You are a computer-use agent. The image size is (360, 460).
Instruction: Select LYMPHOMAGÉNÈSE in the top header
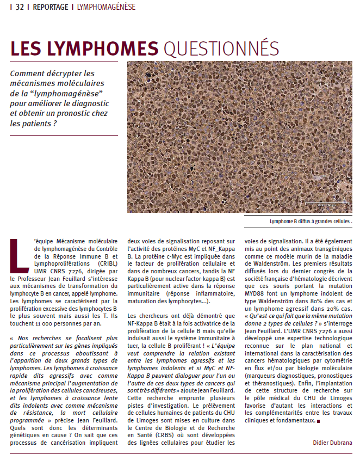click(x=107, y=7)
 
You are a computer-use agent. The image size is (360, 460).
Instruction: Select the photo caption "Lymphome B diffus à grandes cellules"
click(x=310, y=222)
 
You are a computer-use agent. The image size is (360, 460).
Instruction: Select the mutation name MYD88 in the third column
click(x=259, y=293)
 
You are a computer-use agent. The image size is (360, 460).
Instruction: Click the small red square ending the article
click(x=318, y=421)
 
